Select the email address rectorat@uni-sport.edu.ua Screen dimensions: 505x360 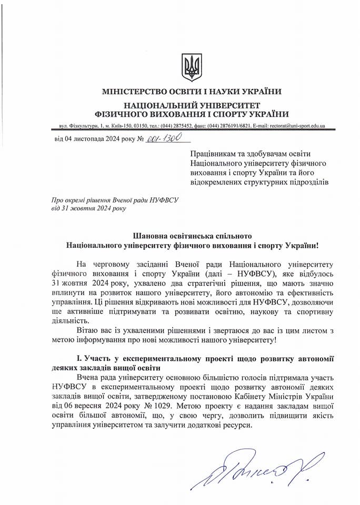click(296, 126)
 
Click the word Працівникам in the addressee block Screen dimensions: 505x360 click(213, 153)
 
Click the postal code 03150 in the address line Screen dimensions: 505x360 click(141, 126)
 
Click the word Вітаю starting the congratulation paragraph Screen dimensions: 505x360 click(88, 330)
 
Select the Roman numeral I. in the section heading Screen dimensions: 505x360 click(79, 358)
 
